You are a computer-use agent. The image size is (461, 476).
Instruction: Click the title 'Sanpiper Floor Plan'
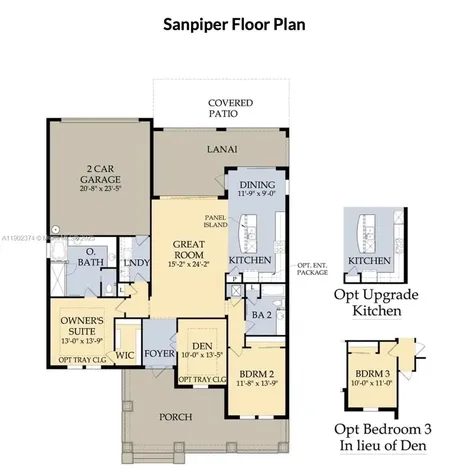[230, 24]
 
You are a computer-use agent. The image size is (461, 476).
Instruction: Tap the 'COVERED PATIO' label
[230, 109]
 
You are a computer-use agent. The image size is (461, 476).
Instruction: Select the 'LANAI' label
[222, 149]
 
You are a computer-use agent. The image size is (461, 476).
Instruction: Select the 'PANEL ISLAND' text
[217, 221]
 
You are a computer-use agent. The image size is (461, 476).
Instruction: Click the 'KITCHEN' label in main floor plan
[250, 260]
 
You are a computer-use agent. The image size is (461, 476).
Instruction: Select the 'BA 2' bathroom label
[261, 313]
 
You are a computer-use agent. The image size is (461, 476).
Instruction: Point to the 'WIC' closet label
[125, 353]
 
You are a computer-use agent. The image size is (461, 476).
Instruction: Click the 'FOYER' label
[159, 353]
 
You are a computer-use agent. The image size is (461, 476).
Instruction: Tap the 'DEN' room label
[203, 344]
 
